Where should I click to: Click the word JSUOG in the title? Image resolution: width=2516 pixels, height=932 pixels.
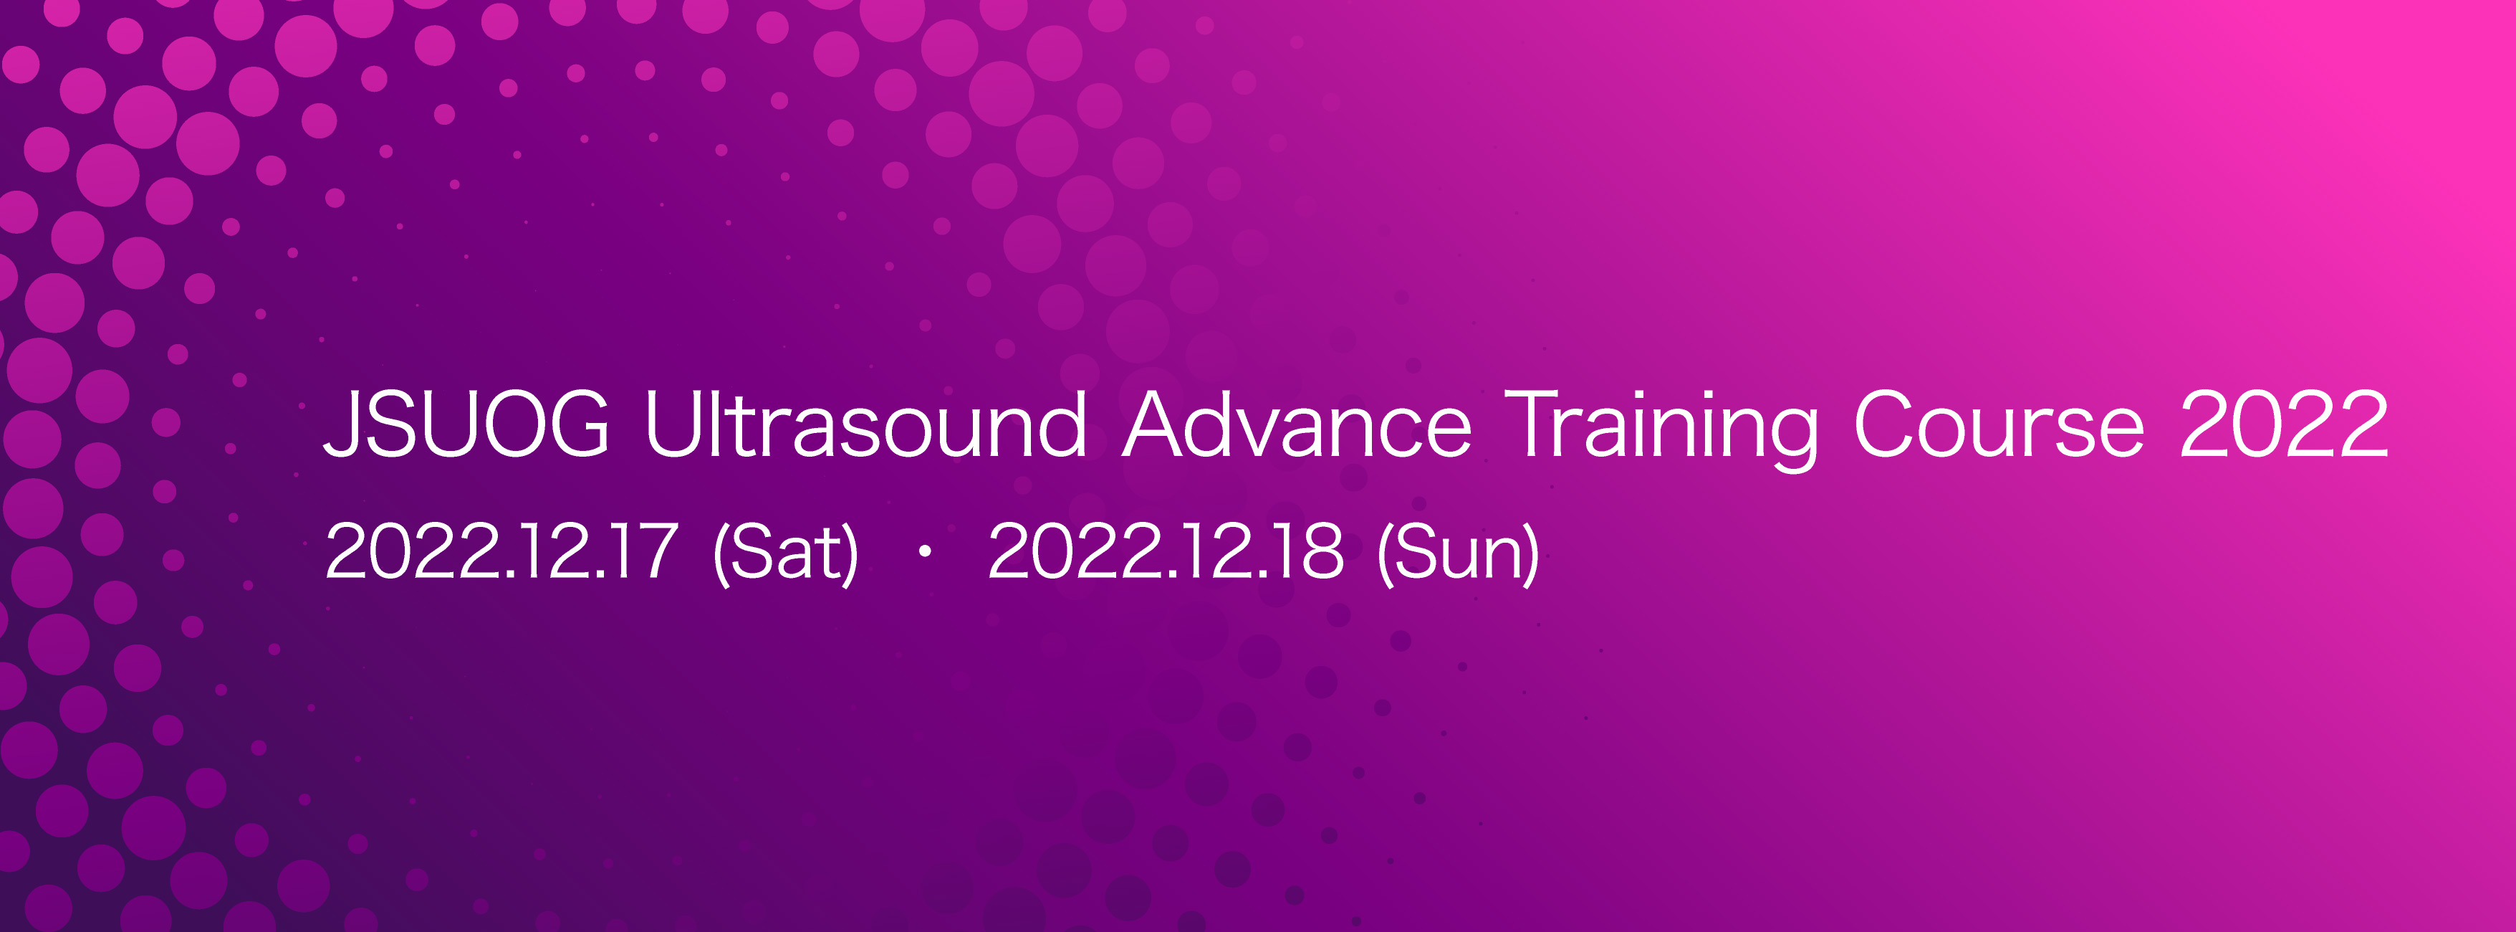467,423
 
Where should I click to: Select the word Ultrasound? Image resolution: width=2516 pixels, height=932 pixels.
865,423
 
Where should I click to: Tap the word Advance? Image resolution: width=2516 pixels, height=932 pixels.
1297,423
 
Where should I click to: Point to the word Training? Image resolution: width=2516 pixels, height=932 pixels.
1661,428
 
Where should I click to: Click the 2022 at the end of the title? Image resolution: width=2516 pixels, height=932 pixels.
2285,423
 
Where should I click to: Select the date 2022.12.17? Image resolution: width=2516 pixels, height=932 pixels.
501,551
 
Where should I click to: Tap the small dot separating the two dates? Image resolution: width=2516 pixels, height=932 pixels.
924,552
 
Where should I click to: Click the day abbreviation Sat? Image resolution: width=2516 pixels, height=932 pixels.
787,552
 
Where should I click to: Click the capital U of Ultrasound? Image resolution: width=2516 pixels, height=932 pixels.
673,424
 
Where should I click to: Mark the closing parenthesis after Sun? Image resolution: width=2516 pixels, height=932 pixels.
1532,555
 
